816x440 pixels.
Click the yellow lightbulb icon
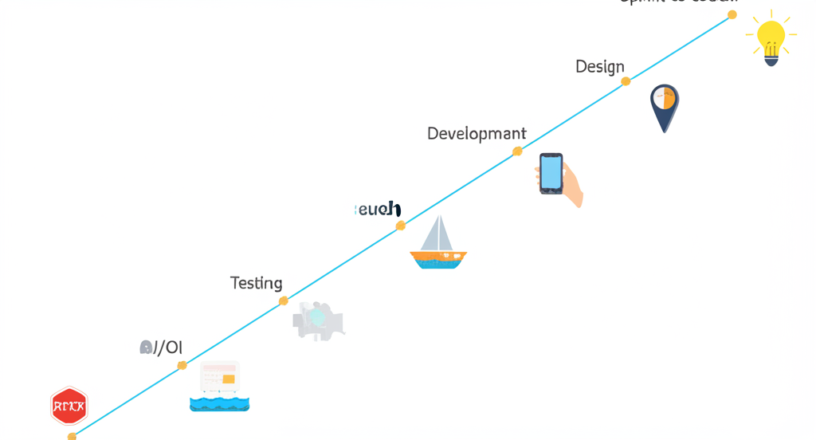click(x=771, y=37)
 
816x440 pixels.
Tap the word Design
click(x=599, y=67)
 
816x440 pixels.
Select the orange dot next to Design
click(x=626, y=81)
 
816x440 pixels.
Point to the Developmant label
click(x=476, y=133)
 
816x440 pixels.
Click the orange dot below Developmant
click(x=517, y=151)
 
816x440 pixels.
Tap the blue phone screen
click(x=551, y=172)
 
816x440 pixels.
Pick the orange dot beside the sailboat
click(x=401, y=226)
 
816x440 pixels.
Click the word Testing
click(x=256, y=283)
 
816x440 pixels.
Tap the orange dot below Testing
click(x=284, y=301)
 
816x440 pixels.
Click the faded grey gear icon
click(x=318, y=320)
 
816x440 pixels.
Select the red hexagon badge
click(x=69, y=407)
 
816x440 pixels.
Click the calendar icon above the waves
click(x=219, y=377)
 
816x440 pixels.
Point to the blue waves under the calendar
click(x=219, y=403)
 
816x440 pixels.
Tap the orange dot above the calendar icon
click(x=182, y=365)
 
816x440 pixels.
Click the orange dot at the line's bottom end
click(x=72, y=436)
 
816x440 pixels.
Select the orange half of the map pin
click(x=669, y=98)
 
